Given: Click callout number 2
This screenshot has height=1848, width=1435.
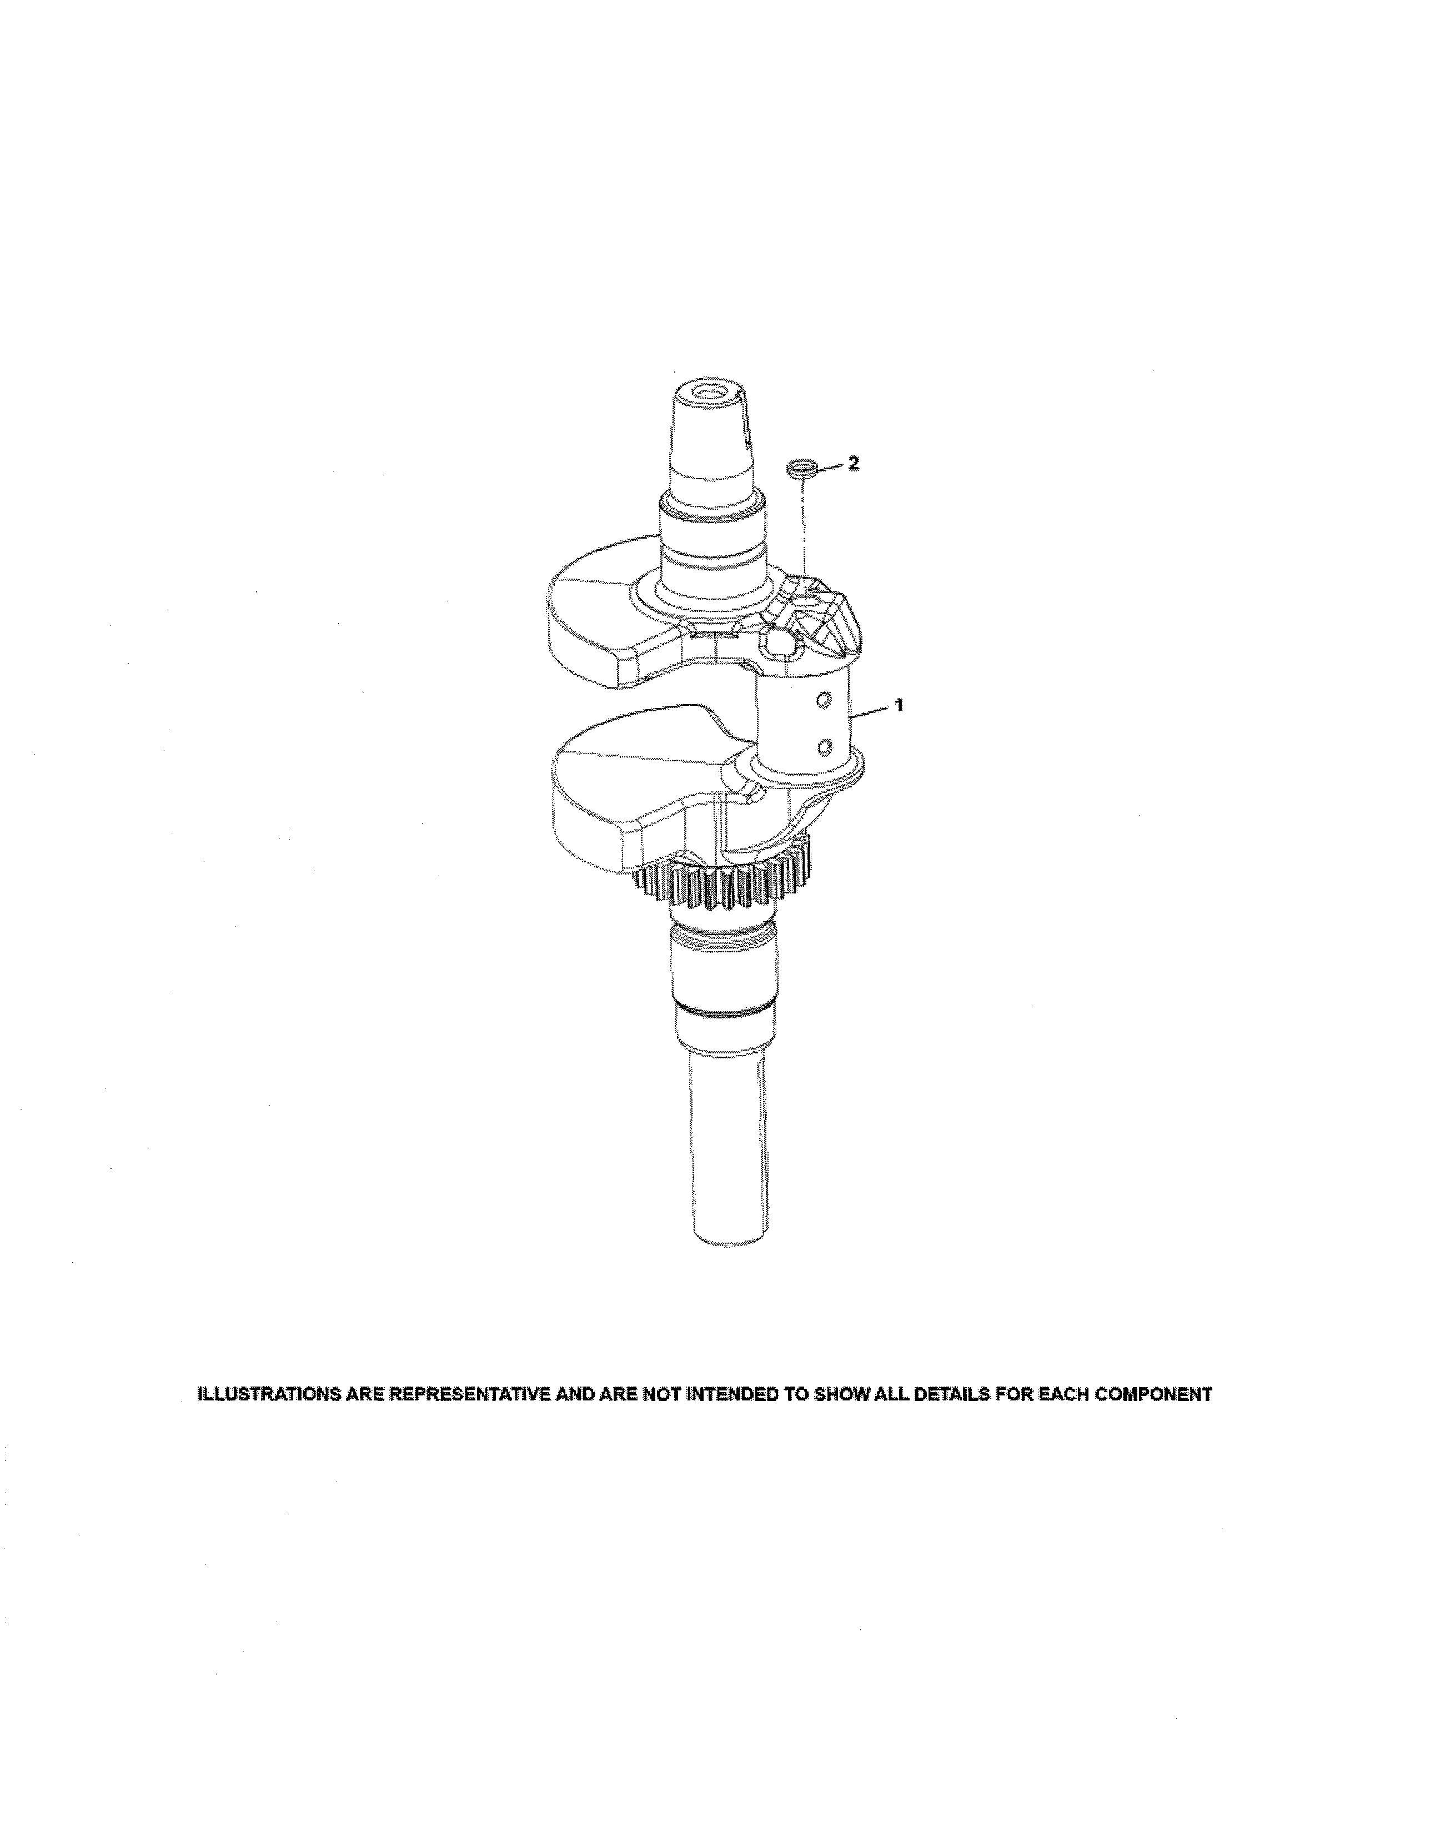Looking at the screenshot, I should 854,463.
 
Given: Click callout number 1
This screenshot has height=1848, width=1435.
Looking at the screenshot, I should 900,704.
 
